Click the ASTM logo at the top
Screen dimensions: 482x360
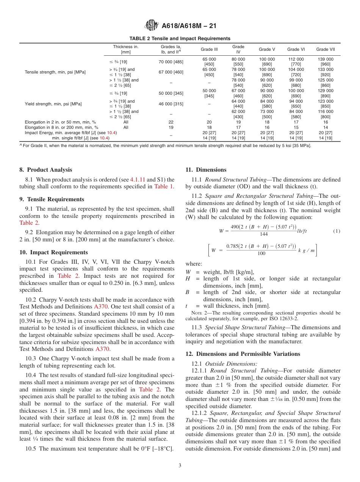(152, 26)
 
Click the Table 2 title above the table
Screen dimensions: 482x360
(180, 39)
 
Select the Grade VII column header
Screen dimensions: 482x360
(325, 49)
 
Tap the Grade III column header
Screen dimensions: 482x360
(209, 49)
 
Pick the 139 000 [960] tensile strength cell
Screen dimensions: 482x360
(325, 62)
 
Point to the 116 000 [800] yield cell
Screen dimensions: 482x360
(325, 114)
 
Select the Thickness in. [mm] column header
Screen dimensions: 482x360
(125, 49)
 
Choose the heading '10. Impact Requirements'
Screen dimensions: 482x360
(53, 252)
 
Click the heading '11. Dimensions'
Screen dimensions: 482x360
(206, 170)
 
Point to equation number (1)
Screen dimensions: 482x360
(337, 231)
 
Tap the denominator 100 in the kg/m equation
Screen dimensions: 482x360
(261, 254)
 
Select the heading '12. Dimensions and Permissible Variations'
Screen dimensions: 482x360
(243, 354)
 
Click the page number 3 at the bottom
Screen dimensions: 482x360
(180, 465)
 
